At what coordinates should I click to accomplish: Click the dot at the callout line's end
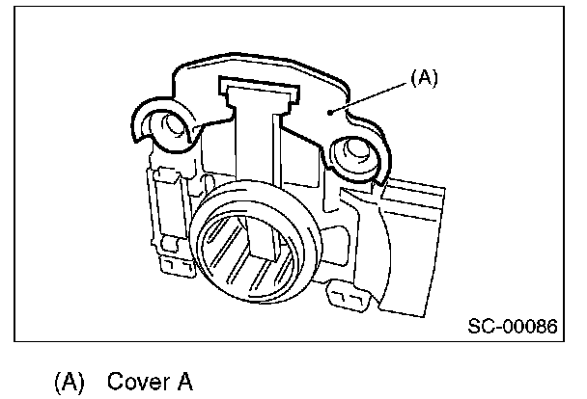[x=331, y=113]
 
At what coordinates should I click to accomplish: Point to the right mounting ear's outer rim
[x=382, y=154]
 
